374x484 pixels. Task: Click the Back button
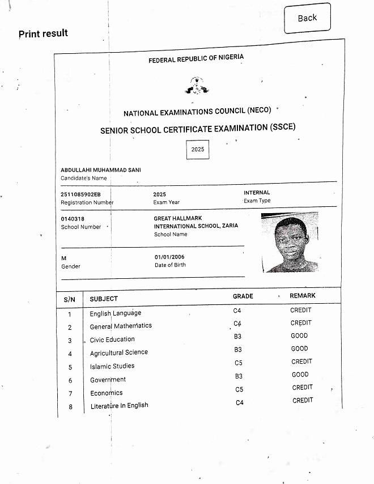[307, 18]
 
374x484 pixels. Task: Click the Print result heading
[43, 33]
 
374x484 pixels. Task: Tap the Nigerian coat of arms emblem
[197, 86]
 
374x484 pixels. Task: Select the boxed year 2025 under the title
[198, 150]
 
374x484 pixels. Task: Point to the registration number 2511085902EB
[80, 194]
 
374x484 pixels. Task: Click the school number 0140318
[73, 219]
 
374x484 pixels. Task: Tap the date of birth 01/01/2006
[169, 257]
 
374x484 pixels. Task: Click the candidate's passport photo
[290, 242]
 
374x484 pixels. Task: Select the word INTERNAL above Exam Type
[257, 193]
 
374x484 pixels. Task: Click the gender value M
[63, 258]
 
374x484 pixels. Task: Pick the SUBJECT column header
[104, 299]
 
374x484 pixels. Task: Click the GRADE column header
[243, 296]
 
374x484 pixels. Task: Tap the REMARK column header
[303, 296]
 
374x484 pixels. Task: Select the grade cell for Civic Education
[238, 337]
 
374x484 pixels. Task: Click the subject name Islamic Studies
[112, 366]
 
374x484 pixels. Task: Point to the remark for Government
[300, 375]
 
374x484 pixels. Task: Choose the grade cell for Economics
[239, 389]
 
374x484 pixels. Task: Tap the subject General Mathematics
[121, 326]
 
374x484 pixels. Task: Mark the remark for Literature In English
[303, 400]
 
